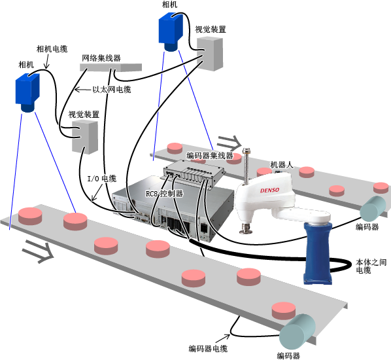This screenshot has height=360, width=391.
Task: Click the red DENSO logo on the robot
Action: coord(269,190)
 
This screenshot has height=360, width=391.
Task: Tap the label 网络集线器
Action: coord(101,58)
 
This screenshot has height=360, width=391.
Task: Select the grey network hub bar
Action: coord(110,67)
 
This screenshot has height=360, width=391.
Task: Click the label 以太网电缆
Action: coord(112,90)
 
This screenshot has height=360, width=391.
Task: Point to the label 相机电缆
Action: coord(52,49)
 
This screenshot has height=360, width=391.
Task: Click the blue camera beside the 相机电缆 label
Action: coord(27,92)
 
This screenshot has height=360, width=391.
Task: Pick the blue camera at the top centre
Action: coord(171,32)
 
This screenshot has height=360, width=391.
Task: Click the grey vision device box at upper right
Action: coord(210,54)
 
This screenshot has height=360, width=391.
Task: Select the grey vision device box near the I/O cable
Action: coord(85,136)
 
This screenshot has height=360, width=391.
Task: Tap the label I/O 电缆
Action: coord(102,179)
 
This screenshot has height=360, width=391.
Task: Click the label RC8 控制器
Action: coord(164,194)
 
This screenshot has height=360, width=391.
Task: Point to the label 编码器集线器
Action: coord(210,156)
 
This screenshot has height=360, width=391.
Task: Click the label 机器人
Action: coord(282,165)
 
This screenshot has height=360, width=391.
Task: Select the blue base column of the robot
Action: coord(318,253)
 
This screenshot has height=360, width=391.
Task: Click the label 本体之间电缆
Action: coord(371,266)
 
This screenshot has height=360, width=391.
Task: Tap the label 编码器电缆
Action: coord(208,348)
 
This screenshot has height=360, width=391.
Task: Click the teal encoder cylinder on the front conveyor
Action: coord(297,332)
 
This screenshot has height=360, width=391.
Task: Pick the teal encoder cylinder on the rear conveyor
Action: coord(373,209)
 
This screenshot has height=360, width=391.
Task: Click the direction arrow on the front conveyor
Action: coord(39,251)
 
